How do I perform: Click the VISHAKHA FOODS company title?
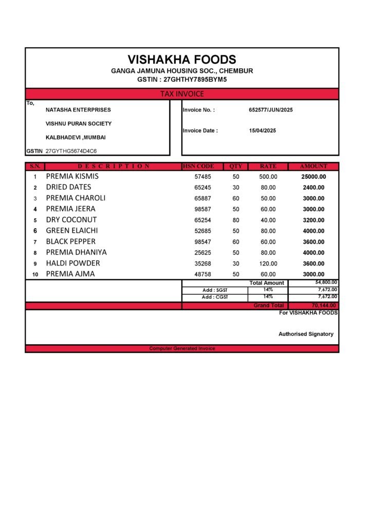click(x=182, y=60)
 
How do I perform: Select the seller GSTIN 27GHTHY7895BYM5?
click(x=195, y=80)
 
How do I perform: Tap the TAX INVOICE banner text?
click(x=182, y=94)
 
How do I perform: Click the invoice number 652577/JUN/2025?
click(x=271, y=110)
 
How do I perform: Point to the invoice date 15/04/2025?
click(x=263, y=130)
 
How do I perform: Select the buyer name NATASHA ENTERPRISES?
click(x=78, y=110)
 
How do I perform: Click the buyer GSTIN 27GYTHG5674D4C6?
click(x=71, y=152)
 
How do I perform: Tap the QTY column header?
click(x=236, y=166)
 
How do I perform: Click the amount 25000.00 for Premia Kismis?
click(x=313, y=177)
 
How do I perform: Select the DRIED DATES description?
click(x=68, y=187)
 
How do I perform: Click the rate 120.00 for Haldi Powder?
click(x=268, y=264)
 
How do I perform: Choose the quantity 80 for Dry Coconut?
click(x=236, y=220)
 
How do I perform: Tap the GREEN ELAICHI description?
click(x=72, y=231)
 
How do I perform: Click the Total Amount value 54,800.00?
click(x=326, y=283)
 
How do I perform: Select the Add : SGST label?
click(x=215, y=290)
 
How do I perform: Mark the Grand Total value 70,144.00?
click(x=324, y=306)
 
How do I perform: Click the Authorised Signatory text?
click(x=306, y=334)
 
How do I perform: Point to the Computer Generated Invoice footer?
click(x=182, y=348)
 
